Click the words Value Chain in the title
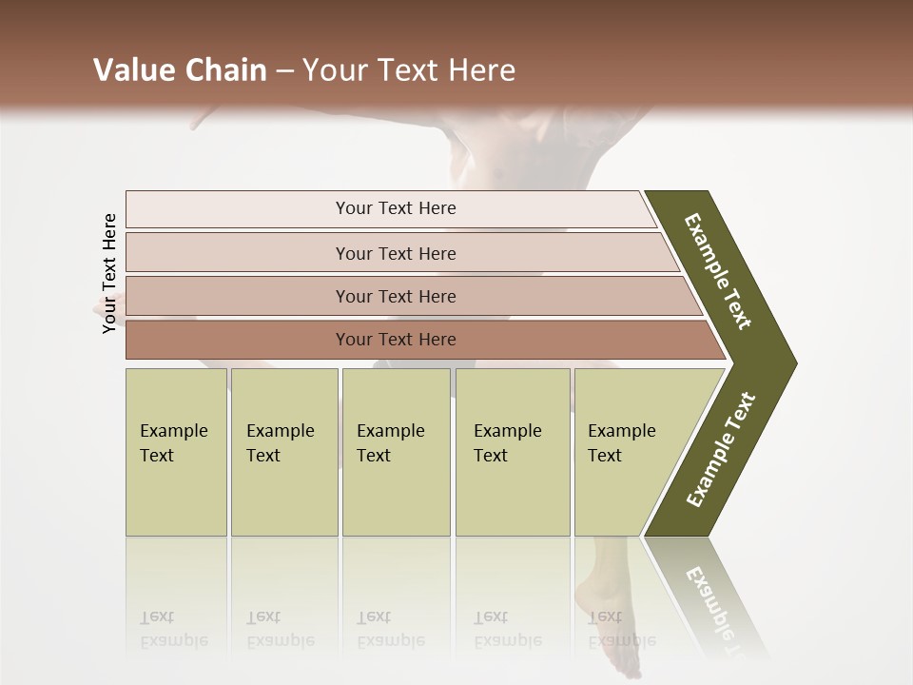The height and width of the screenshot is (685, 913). pyautogui.click(x=180, y=70)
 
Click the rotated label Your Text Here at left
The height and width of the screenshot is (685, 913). pyautogui.click(x=109, y=273)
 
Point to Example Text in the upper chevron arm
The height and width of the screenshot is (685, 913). pyautogui.click(x=718, y=271)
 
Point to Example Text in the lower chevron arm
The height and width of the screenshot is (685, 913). pyautogui.click(x=721, y=450)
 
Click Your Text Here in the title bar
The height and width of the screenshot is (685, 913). pyautogui.click(x=409, y=70)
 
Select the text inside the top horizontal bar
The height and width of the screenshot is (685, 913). pyautogui.click(x=396, y=208)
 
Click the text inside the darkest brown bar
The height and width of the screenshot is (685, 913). pyautogui.click(x=396, y=340)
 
